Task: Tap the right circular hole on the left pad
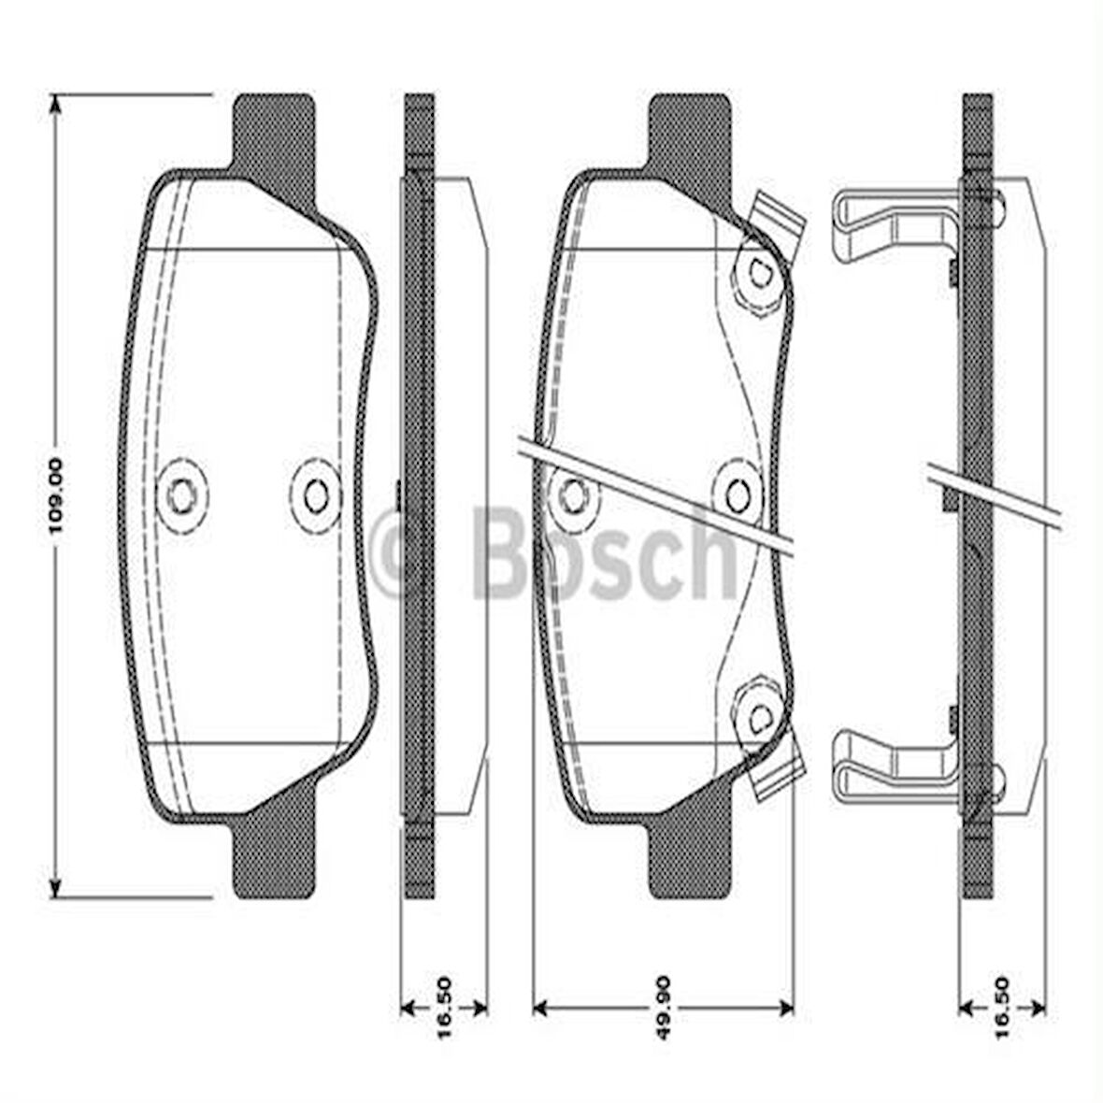pyautogui.click(x=315, y=494)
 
